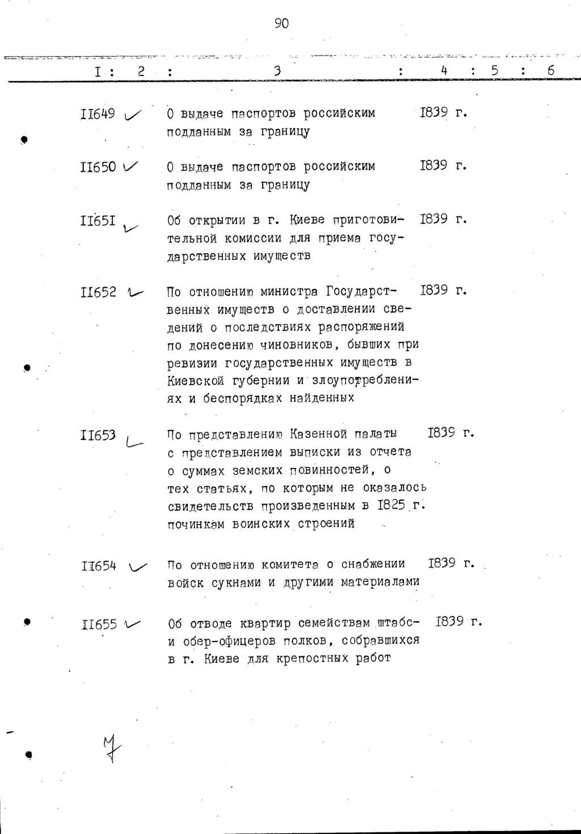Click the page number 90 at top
coord(281,23)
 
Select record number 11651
coord(98,220)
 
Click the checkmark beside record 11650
coord(130,166)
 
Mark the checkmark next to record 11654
coord(137,566)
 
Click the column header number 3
coord(277,71)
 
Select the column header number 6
coord(550,71)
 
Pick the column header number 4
coord(444,71)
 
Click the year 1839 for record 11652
coord(434,291)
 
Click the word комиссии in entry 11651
coord(264,238)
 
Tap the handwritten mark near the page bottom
coord(112,748)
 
